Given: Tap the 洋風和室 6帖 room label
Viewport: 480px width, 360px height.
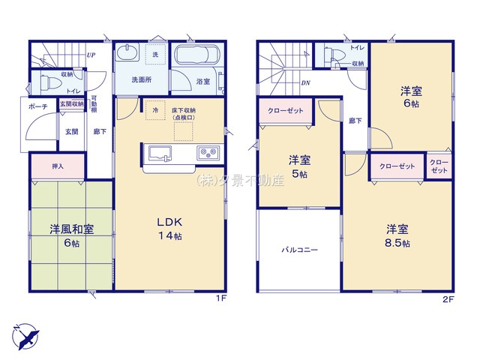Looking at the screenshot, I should [72, 235].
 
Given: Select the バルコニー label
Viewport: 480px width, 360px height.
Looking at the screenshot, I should [299, 250].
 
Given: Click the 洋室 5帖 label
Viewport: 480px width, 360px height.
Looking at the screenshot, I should [301, 166].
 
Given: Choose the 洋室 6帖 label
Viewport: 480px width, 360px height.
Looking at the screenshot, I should [410, 97].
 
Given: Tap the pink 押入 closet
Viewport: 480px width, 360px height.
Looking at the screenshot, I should [58, 166].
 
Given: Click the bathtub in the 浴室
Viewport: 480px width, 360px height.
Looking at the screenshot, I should [196, 58].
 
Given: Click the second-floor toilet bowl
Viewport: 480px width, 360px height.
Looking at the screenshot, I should [333, 55].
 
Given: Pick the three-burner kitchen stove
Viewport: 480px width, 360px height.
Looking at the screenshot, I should [207, 154].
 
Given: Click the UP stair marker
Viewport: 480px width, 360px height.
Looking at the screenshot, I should [91, 55].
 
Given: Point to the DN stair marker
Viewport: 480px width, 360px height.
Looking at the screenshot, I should [305, 83].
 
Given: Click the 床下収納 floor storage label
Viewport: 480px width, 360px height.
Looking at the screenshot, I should [182, 113].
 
